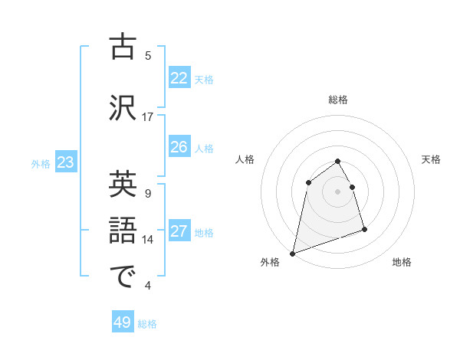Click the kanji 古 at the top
pyautogui.click(x=123, y=47)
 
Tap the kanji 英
pyautogui.click(x=123, y=185)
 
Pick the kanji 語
pyautogui.click(x=123, y=231)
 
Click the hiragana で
pyautogui.click(x=123, y=277)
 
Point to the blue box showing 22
pyautogui.click(x=179, y=77)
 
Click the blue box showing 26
pyautogui.click(x=179, y=147)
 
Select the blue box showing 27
pyautogui.click(x=179, y=231)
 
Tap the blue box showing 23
pyautogui.click(x=65, y=162)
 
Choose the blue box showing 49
pyautogui.click(x=123, y=322)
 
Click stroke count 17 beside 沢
pyautogui.click(x=148, y=117)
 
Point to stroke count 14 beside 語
pyautogui.click(x=148, y=240)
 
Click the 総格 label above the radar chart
pyautogui.click(x=338, y=100)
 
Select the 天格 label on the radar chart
pyautogui.click(x=432, y=159)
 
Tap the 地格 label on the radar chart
pyautogui.click(x=402, y=262)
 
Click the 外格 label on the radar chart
pyautogui.click(x=270, y=262)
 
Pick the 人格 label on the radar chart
pyautogui.click(x=245, y=159)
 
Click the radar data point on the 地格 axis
pyautogui.click(x=364, y=229)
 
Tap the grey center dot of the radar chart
pyautogui.click(x=338, y=191)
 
